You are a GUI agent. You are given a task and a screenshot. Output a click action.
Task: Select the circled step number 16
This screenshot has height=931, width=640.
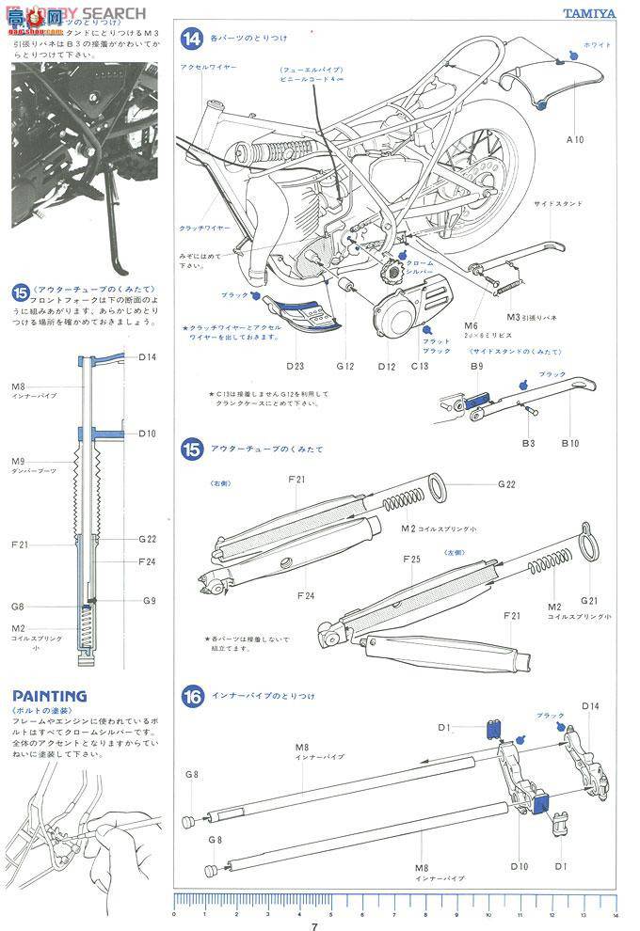point(192,697)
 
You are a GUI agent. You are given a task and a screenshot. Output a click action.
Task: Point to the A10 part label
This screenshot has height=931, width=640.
point(574,138)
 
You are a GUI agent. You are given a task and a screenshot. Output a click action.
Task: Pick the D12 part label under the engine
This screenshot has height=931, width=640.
point(387,368)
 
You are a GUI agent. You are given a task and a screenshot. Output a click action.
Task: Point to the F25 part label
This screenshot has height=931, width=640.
point(410,559)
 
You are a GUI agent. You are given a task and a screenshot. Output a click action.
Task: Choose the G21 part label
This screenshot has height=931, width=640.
point(590,600)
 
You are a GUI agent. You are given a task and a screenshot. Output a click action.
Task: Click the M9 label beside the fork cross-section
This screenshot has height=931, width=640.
point(18,462)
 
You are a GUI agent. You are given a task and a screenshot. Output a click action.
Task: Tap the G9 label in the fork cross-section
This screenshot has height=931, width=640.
point(149,600)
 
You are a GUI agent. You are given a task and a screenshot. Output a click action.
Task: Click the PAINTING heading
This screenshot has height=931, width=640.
point(49,696)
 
